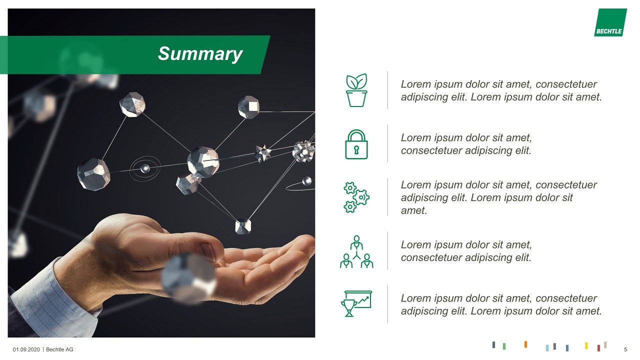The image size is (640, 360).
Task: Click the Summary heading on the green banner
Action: pyautogui.click(x=200, y=54)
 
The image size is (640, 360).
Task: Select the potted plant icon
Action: pyautogui.click(x=356, y=90)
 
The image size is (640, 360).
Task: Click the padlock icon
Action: pyautogui.click(x=356, y=144)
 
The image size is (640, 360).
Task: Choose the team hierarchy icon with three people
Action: pyautogui.click(x=356, y=251)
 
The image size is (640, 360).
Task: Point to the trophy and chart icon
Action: pyautogui.click(x=356, y=303)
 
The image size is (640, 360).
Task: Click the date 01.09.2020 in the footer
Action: pyautogui.click(x=26, y=349)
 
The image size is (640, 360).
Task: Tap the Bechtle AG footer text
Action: pyautogui.click(x=59, y=349)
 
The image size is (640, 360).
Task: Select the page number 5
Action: pyautogui.click(x=625, y=349)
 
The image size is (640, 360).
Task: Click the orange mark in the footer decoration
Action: pyautogui.click(x=525, y=344)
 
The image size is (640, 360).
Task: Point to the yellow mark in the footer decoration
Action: pyautogui.click(x=586, y=345)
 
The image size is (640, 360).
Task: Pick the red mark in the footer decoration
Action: pyautogui.click(x=598, y=347)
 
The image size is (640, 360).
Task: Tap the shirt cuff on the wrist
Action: pyautogui.click(x=55, y=305)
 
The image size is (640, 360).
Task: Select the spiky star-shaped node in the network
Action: pyautogui.click(x=262, y=152)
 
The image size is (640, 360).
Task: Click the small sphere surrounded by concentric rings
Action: pyautogui.click(x=145, y=168)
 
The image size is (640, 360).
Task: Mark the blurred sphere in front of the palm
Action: pyautogui.click(x=188, y=276)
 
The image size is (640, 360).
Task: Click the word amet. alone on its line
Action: pyautogui.click(x=414, y=210)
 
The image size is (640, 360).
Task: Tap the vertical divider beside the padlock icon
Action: pyautogui.click(x=387, y=143)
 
